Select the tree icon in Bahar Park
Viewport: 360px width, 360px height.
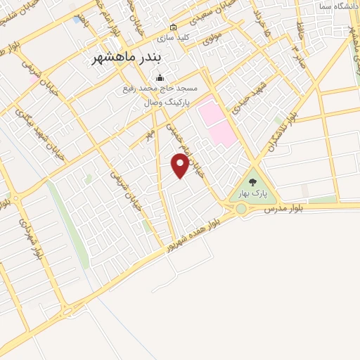coord(252,182)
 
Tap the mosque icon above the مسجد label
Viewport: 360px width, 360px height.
coord(160,78)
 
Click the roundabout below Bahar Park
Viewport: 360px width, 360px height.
coord(241,209)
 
